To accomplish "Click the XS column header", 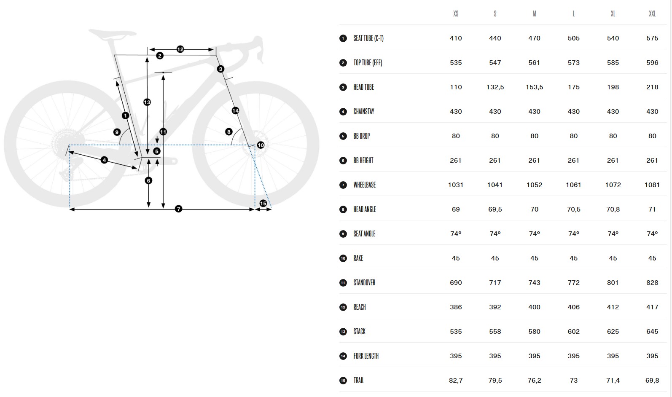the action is point(456,13).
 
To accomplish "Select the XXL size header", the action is point(652,13).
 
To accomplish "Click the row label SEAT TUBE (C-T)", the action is point(368,38).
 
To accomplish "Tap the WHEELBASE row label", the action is point(365,185).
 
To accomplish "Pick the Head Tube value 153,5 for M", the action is point(534,87).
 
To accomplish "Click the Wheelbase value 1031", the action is point(456,185).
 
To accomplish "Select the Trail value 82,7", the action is point(456,380).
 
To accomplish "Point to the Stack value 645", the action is point(652,331).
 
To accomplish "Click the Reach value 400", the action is point(534,307).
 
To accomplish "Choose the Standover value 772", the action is point(574,282).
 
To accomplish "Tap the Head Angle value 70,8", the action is point(613,209).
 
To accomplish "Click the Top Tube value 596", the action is point(652,63).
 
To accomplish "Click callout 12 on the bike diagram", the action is point(180,49).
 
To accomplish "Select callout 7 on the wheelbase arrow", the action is point(178,209).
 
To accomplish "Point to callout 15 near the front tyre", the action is point(263,204).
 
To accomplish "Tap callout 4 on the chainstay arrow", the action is point(104,160).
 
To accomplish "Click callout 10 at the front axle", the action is point(261,145).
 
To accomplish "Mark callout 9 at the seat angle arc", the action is point(117,132).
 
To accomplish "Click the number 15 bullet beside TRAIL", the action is point(343,381).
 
